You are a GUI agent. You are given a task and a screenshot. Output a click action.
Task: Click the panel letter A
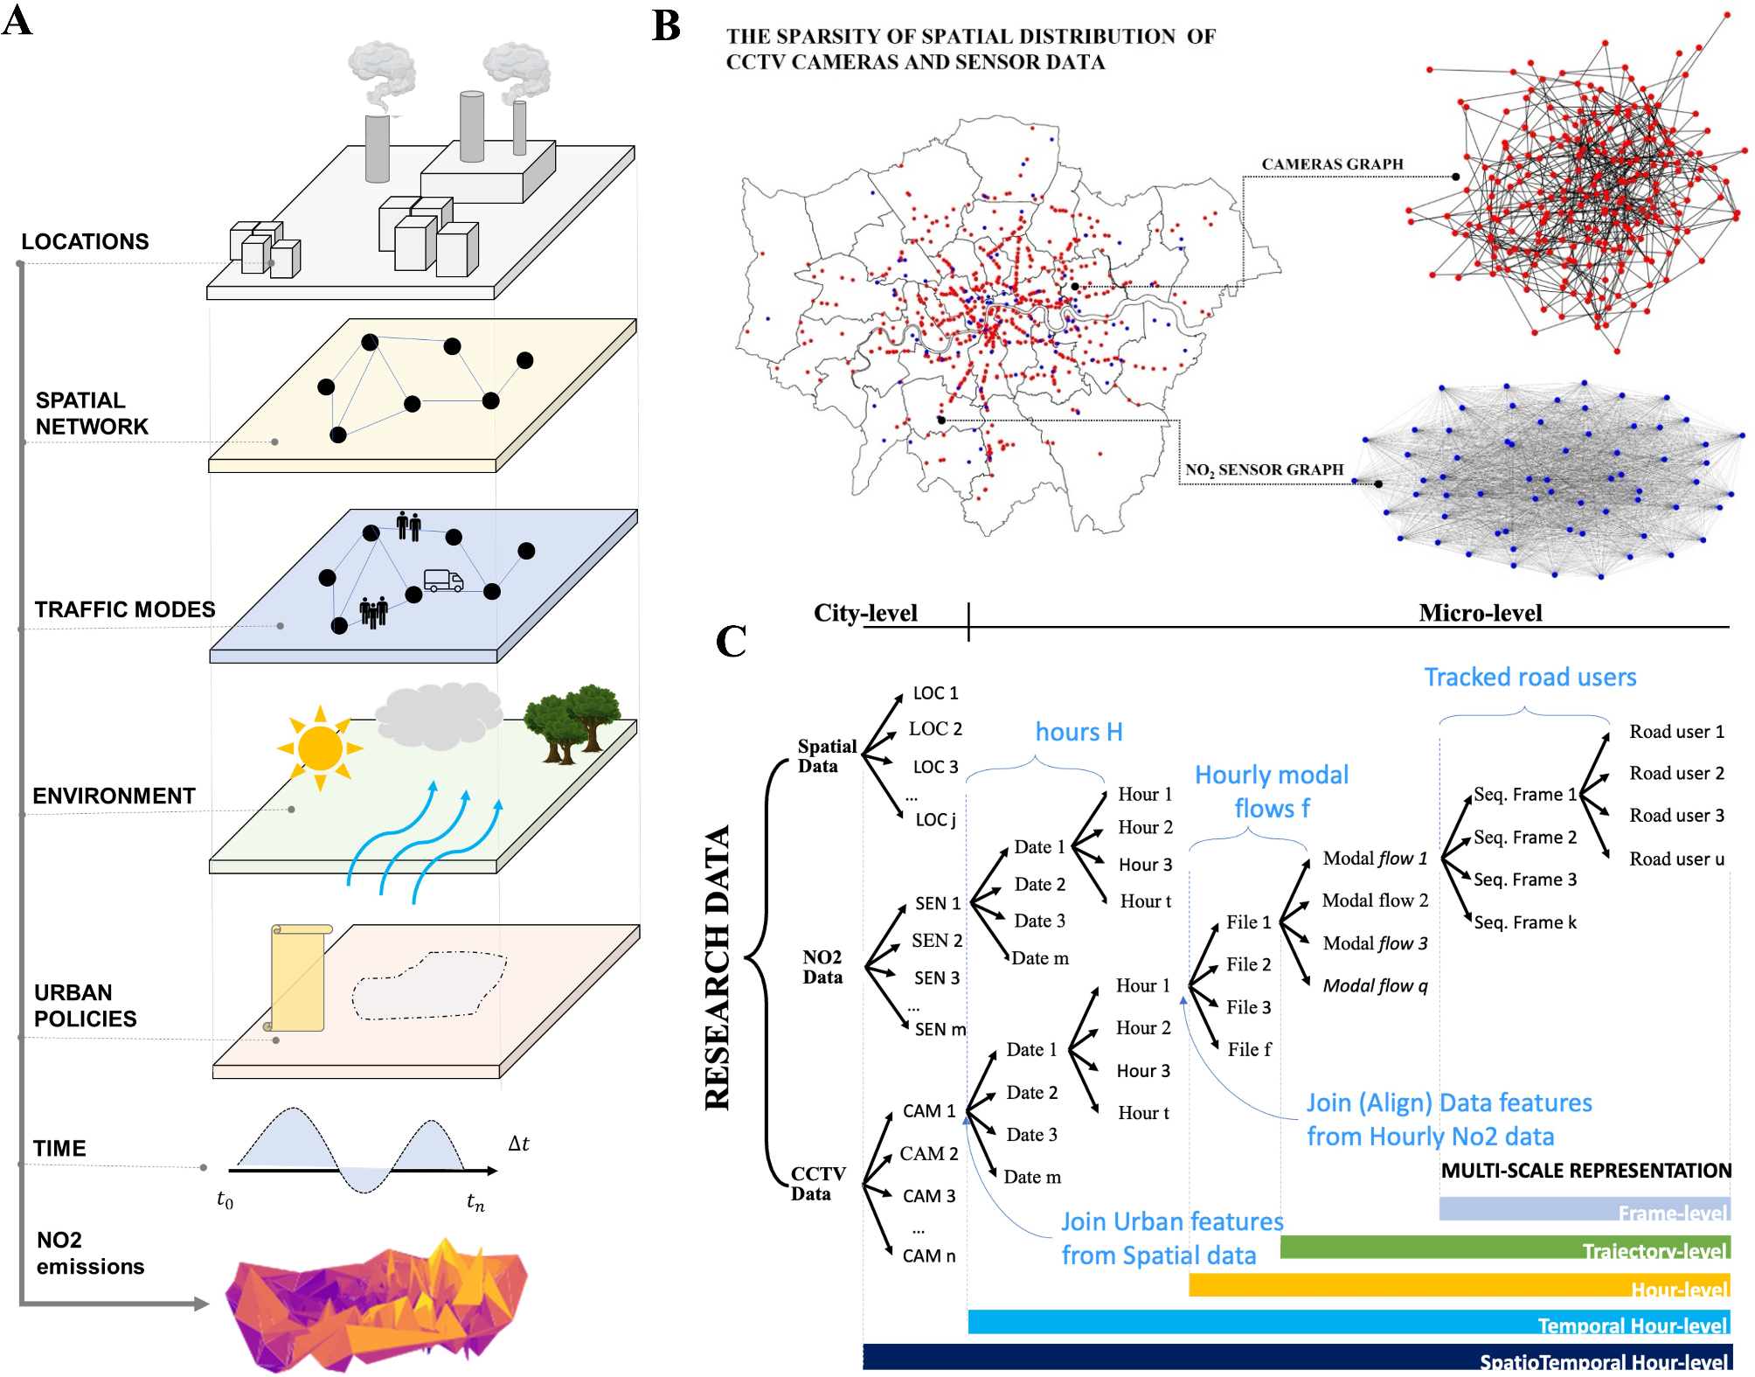17,21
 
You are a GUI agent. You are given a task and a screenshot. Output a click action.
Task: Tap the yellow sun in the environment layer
320,748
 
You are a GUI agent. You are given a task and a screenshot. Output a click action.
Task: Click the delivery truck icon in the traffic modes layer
443,581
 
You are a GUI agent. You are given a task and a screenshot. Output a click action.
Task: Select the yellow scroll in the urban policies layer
298,977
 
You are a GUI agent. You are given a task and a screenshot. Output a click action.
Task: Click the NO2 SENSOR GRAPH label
1264,469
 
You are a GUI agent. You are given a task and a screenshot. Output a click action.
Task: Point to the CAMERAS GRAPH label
1332,164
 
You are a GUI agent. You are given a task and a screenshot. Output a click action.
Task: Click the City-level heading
865,613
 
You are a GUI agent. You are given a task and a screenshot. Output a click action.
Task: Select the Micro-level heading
1480,613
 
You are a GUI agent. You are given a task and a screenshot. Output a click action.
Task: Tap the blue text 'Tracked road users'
1530,677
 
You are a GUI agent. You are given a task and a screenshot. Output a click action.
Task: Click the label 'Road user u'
1676,859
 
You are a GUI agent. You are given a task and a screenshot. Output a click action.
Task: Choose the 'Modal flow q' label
1375,985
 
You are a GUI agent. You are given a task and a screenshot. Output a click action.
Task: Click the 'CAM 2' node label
929,1153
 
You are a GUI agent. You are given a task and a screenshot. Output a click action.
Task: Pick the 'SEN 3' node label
936,977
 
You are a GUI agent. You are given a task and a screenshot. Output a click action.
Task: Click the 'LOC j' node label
935,819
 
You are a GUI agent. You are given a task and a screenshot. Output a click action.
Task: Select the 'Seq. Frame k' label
1525,922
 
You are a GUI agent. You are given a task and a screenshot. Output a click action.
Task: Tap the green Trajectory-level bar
1503,1248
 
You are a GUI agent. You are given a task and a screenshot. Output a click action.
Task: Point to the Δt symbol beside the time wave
518,1144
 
